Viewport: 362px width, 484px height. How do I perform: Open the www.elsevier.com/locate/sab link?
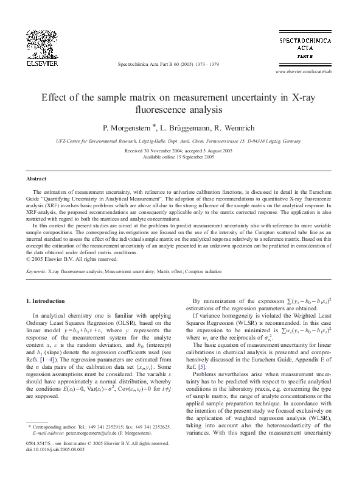click(304, 71)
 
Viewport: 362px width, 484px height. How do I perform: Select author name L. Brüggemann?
click(183, 128)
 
